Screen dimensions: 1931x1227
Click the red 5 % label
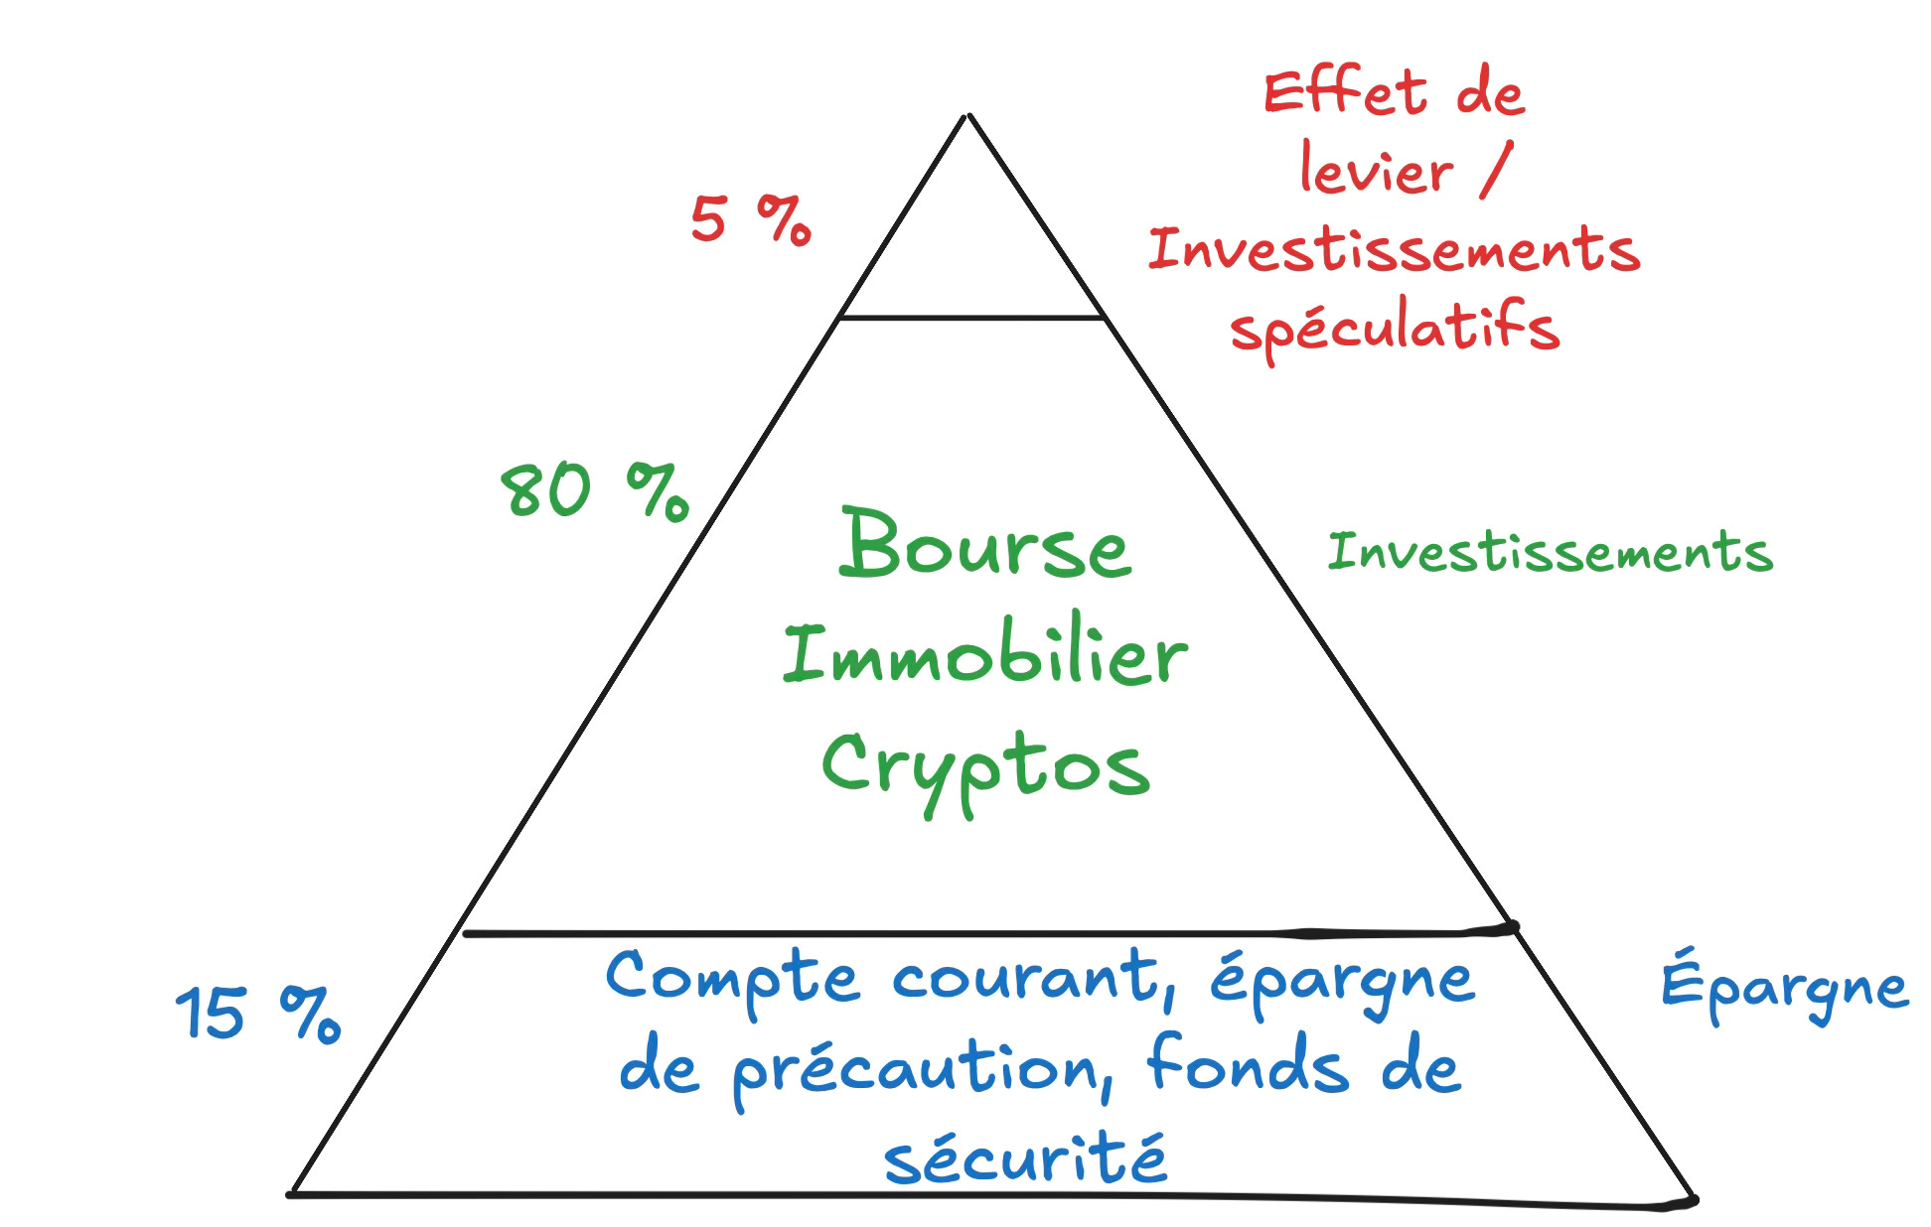[x=750, y=219]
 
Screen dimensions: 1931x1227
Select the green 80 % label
[x=593, y=490]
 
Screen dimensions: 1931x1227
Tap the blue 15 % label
[x=258, y=1014]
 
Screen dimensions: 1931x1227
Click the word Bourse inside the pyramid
[x=984, y=546]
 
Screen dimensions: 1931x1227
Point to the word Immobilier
[x=984, y=656]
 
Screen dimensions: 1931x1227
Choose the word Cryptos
[x=984, y=769]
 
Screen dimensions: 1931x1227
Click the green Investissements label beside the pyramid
[x=1550, y=553]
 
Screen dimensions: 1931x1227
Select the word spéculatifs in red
[x=1395, y=328]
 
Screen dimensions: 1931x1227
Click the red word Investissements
[x=1394, y=248]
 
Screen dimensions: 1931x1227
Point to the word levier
[x=1376, y=172]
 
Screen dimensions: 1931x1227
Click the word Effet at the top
[x=1346, y=94]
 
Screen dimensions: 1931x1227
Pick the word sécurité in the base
[x=1025, y=1158]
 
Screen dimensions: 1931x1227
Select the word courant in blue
[x=1028, y=979]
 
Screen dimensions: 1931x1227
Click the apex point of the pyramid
[x=968, y=116]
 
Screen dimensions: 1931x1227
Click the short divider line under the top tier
[x=971, y=318]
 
